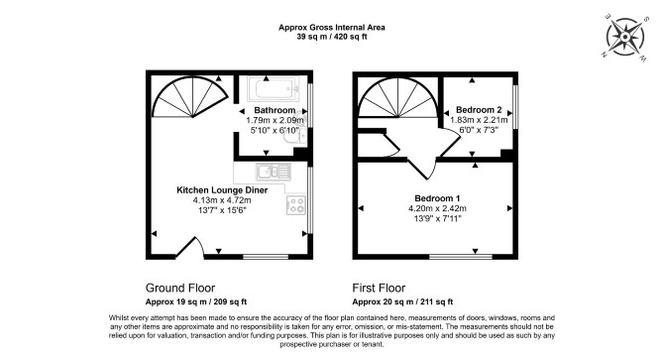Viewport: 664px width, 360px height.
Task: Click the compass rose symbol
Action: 625,37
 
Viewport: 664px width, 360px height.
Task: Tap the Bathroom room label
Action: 275,110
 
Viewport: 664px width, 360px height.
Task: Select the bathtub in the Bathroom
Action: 274,89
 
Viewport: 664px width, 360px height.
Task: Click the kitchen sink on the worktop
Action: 274,172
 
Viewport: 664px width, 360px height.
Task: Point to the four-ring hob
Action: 296,204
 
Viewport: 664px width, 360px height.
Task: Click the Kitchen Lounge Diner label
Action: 222,190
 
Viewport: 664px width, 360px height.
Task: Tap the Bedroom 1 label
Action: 437,198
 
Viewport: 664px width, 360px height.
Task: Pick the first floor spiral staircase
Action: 398,98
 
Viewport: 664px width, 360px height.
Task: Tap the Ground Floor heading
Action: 180,288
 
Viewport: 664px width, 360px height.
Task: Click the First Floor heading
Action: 379,288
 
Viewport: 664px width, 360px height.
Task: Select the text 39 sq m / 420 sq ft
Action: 332,37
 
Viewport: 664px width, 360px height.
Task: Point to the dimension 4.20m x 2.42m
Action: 437,208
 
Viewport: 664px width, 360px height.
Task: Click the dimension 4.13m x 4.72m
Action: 222,200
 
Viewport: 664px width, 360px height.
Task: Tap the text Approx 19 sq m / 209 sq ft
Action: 196,301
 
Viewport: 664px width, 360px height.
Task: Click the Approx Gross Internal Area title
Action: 332,28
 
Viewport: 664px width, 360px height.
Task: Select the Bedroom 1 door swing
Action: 422,169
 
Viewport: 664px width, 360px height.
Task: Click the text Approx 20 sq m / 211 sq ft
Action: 402,301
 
